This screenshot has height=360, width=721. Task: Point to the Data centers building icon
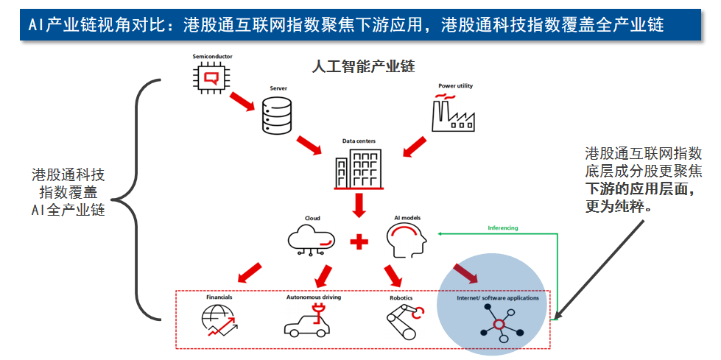(359, 169)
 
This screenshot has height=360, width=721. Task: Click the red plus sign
(359, 241)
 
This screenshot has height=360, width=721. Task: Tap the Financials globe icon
(218, 321)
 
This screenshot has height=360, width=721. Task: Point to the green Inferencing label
(503, 228)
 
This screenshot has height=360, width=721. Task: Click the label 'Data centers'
(359, 140)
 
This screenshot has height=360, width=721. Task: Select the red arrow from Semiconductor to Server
(242, 103)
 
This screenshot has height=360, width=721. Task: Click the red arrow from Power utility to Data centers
(416, 144)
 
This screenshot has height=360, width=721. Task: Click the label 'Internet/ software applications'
(498, 298)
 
